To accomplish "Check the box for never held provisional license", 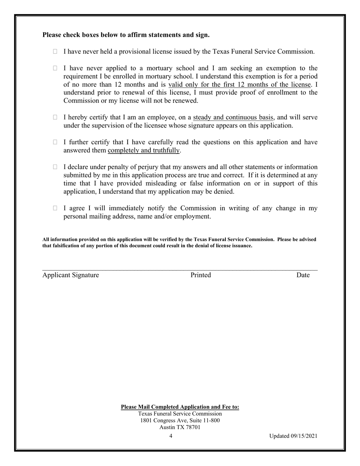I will pos(55,52).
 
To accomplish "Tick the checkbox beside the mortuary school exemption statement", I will pos(55,68).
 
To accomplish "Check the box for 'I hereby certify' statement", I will pos(55,117).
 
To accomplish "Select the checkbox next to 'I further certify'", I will pos(55,142).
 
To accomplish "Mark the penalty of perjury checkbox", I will pos(55,167).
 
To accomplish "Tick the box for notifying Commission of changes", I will pos(55,208).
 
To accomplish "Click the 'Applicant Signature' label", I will pos(70,275).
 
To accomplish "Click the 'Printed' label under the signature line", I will pos(200,275).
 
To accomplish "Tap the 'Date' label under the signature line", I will pos(303,275).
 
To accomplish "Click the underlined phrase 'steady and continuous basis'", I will pos(233,117).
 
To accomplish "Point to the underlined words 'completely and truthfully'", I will pos(144,150).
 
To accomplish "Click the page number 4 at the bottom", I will pos(171,436).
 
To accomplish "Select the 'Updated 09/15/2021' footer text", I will pos(293,436).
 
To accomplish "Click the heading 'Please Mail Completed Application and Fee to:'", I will pos(180,407).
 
